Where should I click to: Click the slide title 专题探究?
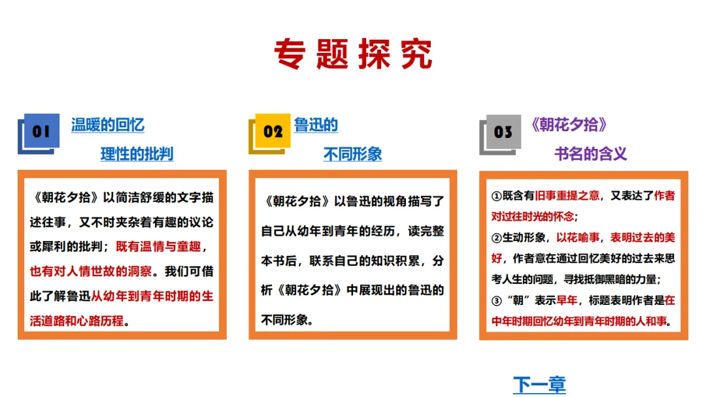click(x=353, y=54)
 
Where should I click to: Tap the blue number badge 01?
click(x=41, y=132)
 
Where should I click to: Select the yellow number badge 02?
click(x=273, y=132)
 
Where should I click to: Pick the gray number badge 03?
click(x=503, y=132)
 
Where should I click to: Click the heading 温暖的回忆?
click(x=107, y=125)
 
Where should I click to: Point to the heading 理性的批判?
click(x=137, y=154)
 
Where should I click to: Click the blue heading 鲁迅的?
click(x=316, y=125)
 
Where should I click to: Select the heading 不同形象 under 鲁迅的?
click(x=352, y=154)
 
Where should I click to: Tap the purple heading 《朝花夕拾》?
click(x=569, y=125)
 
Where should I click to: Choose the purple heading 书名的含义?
click(x=591, y=154)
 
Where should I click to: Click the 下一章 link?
click(x=539, y=385)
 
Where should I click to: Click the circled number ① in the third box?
click(x=496, y=196)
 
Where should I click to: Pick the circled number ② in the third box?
click(x=496, y=238)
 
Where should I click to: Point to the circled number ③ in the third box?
click(x=496, y=301)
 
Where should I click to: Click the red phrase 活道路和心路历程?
click(x=77, y=320)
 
